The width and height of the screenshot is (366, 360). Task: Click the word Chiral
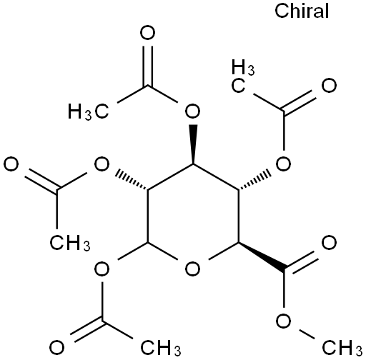(302, 11)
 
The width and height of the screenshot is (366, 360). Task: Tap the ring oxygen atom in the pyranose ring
(192, 269)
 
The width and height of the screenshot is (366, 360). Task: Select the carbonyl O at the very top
(147, 33)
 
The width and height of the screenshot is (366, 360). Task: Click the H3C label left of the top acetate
(89, 111)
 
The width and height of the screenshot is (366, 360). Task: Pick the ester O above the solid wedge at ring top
(192, 111)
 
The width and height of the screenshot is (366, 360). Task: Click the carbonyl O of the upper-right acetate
(329, 85)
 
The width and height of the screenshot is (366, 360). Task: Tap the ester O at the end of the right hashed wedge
(283, 164)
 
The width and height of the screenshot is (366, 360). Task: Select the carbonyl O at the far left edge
(11, 164)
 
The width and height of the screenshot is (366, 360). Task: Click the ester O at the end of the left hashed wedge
(102, 164)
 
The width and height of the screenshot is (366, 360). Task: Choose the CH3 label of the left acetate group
(70, 243)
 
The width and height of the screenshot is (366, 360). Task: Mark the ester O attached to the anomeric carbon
(102, 269)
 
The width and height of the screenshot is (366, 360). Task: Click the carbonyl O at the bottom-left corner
(56, 347)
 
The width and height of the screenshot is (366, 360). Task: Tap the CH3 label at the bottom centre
(161, 347)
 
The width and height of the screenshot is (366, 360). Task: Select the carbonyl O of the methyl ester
(329, 243)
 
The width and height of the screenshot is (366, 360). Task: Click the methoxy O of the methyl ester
(283, 321)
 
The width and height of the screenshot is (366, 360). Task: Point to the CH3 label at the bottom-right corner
(342, 347)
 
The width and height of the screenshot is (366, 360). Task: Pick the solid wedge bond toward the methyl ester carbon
(261, 256)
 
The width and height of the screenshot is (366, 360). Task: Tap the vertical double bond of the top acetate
(147, 66)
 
